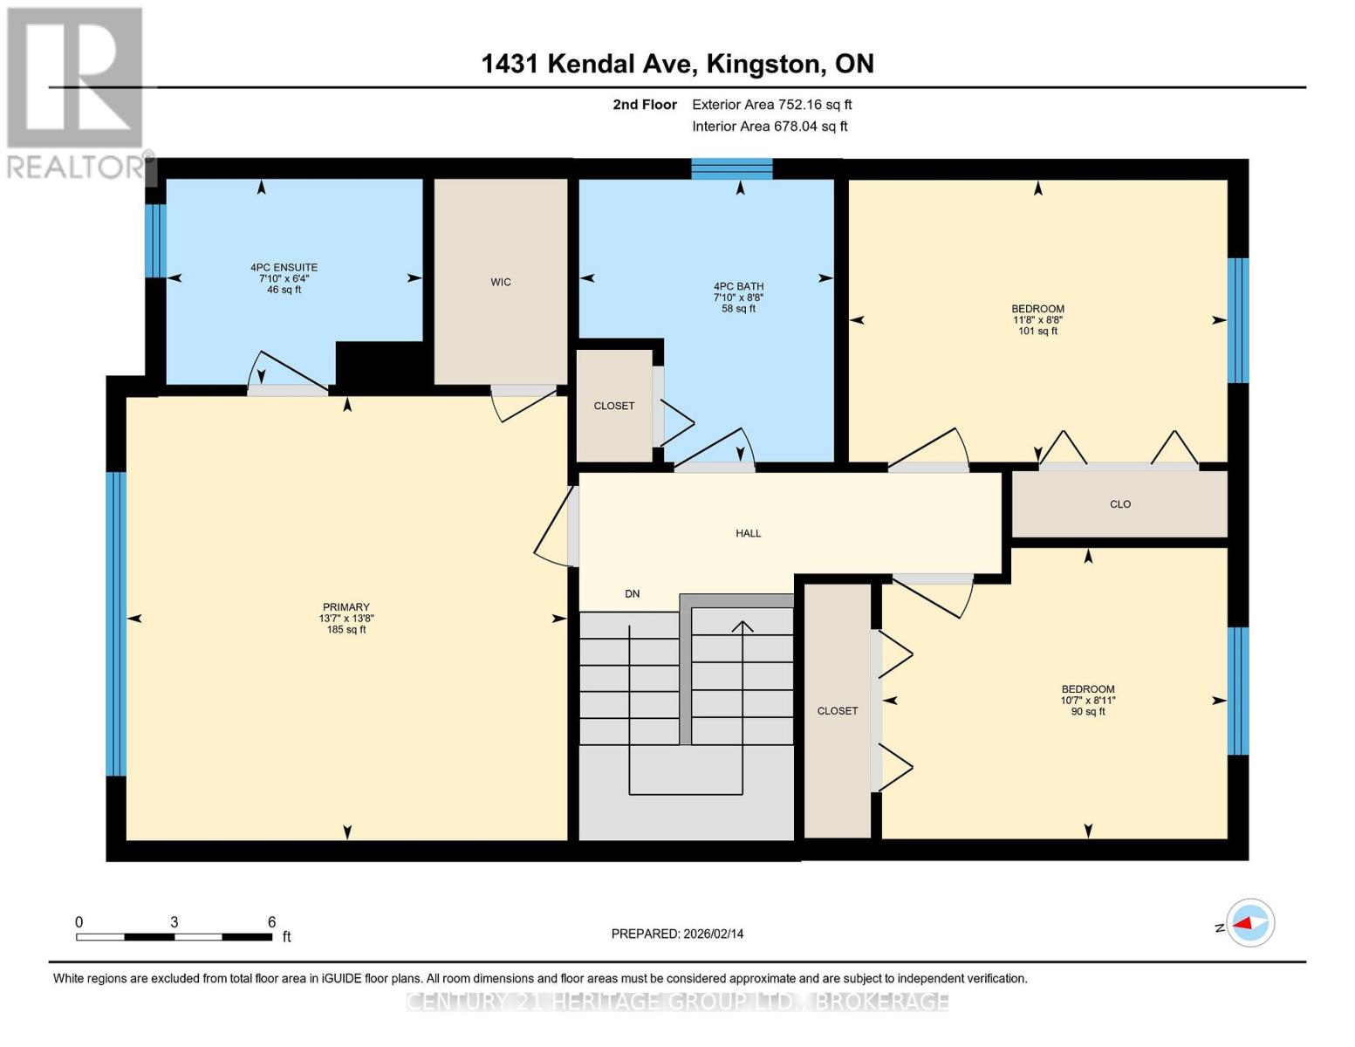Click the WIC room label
click(500, 282)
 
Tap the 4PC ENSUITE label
click(284, 268)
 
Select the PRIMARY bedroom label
click(346, 607)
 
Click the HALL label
click(748, 533)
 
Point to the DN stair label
click(633, 594)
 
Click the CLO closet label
click(1119, 504)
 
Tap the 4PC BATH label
click(738, 286)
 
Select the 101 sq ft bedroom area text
click(1037, 332)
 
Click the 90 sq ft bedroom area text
click(1087, 712)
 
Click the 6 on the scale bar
click(271, 922)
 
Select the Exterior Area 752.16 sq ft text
click(771, 105)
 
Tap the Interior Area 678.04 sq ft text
click(770, 127)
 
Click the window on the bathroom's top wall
click(731, 168)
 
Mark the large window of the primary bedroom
click(115, 623)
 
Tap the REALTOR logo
click(77, 92)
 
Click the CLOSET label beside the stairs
click(837, 711)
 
